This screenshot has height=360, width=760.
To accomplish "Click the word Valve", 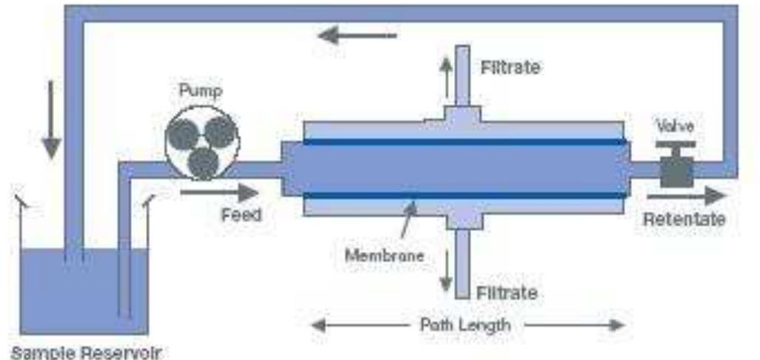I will [x=676, y=127].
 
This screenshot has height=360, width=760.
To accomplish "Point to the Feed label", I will [x=241, y=215].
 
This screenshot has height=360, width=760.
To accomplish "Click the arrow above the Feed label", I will [x=219, y=193].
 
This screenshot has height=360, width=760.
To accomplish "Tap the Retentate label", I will [x=684, y=219].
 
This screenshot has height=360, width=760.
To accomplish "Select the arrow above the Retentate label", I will [x=684, y=196].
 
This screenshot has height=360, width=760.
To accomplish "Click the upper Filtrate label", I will [x=510, y=67].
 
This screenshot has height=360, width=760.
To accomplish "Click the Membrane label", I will [x=384, y=256].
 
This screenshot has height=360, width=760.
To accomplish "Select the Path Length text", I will [x=465, y=324].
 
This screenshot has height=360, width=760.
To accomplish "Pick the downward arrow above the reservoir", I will [x=50, y=119].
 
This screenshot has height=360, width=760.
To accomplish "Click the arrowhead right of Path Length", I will [x=616, y=324].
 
